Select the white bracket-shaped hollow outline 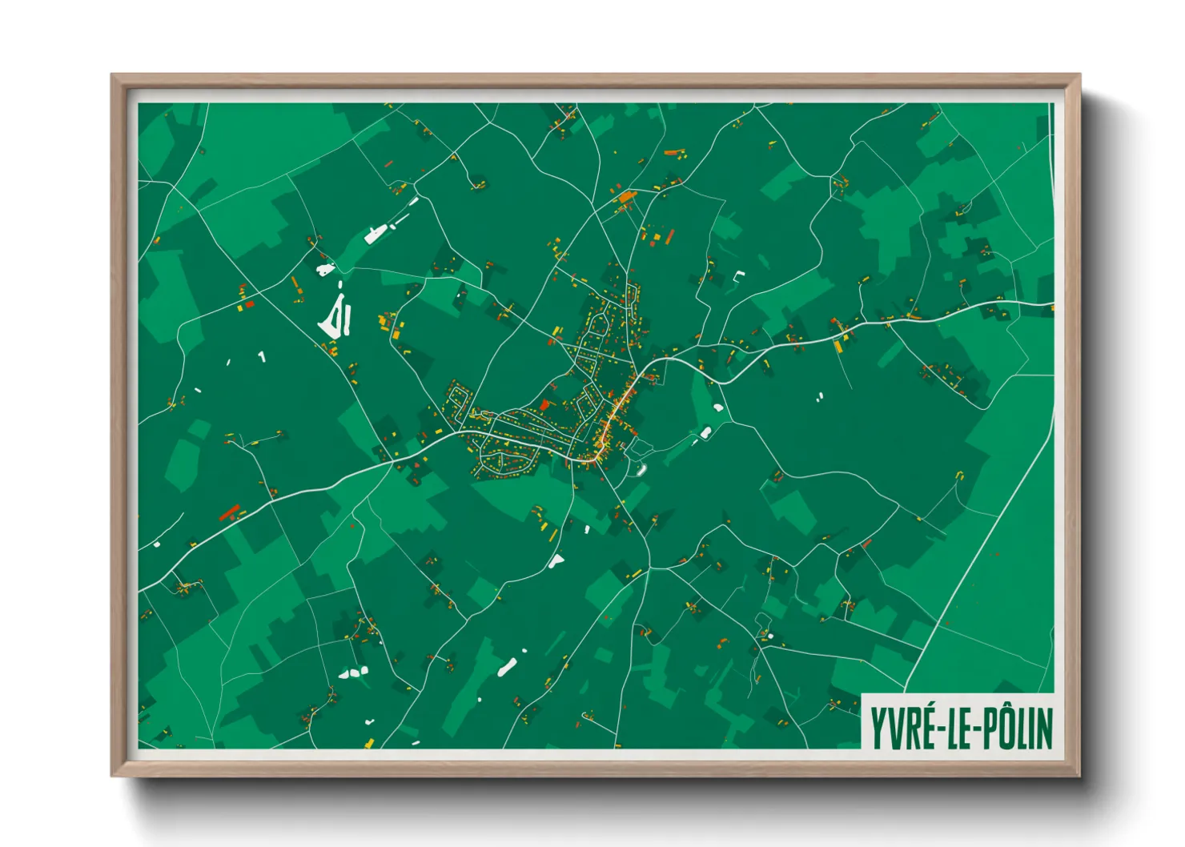point(739,276)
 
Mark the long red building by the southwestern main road point(230,512)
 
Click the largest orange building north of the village point(625,196)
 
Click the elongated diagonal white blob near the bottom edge point(507,666)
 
